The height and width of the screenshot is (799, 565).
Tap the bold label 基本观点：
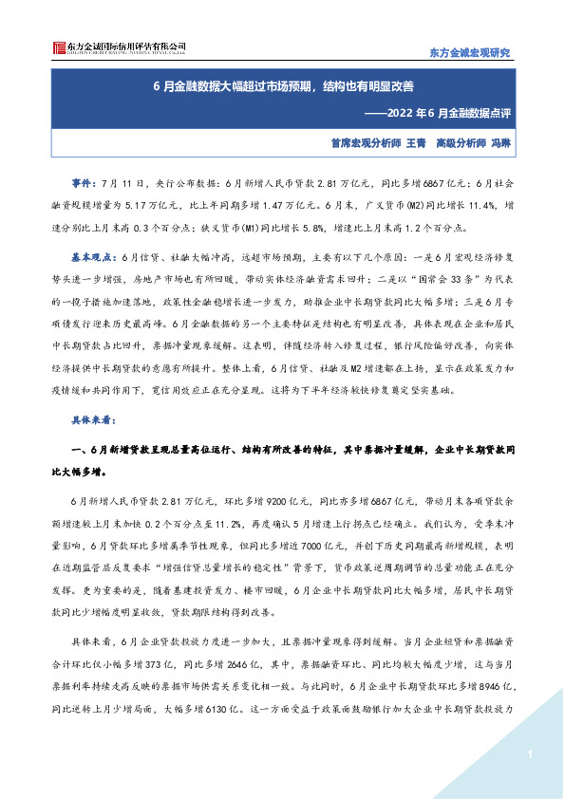[93, 256]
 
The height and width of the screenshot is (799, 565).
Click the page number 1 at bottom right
[525, 754]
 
